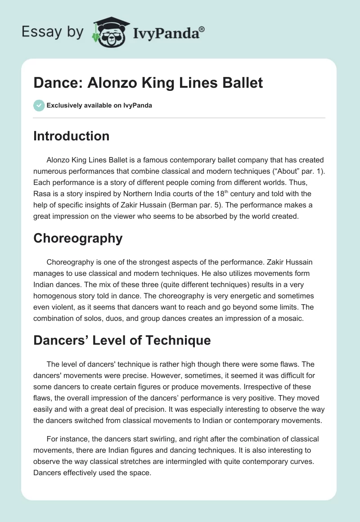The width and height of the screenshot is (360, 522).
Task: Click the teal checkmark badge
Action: (39, 105)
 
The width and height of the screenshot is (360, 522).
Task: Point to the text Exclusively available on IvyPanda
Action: (99, 105)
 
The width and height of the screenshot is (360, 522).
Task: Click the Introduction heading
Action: (71, 136)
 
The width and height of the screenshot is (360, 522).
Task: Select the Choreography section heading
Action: (78, 238)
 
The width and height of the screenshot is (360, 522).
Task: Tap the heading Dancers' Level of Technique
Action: (122, 340)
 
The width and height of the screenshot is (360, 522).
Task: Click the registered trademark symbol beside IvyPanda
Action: (202, 28)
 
